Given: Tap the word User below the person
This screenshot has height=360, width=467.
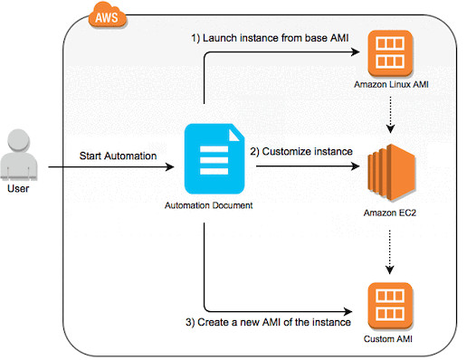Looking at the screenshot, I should tap(21, 192).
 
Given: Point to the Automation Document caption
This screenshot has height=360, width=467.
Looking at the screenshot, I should tap(211, 206).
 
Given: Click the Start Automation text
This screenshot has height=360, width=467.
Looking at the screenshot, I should tap(117, 156).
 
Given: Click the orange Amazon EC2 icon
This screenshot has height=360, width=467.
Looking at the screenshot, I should tap(392, 169).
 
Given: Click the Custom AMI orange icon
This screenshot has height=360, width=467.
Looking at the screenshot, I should tap(392, 305).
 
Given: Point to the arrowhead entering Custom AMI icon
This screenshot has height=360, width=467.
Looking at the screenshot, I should tap(362, 307).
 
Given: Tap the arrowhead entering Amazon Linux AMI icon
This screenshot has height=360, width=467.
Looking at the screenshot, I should tap(362, 52).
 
